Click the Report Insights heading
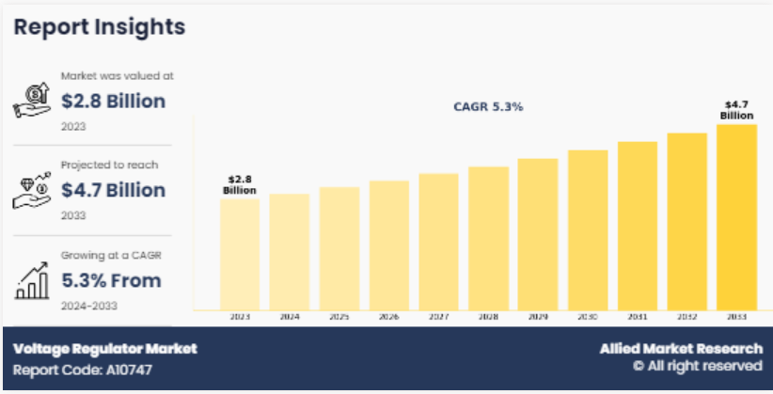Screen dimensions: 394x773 99,26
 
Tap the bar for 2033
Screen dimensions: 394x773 736,217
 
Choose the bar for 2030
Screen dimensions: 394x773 588,230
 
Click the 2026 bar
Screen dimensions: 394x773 388,245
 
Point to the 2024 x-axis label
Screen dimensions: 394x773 290,318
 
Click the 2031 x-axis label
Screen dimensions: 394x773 638,318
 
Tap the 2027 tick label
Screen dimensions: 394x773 438,318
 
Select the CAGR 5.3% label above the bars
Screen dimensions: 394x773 488,107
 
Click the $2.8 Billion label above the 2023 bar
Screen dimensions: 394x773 240,184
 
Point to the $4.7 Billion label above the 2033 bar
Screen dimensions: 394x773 736,110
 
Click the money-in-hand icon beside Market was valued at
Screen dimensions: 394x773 32,99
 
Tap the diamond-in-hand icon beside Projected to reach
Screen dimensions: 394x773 32,188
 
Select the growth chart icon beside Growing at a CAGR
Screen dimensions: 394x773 32,277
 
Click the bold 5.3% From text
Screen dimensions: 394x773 111,280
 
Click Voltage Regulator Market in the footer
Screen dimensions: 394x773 105,348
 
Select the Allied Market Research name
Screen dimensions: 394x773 681,348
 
